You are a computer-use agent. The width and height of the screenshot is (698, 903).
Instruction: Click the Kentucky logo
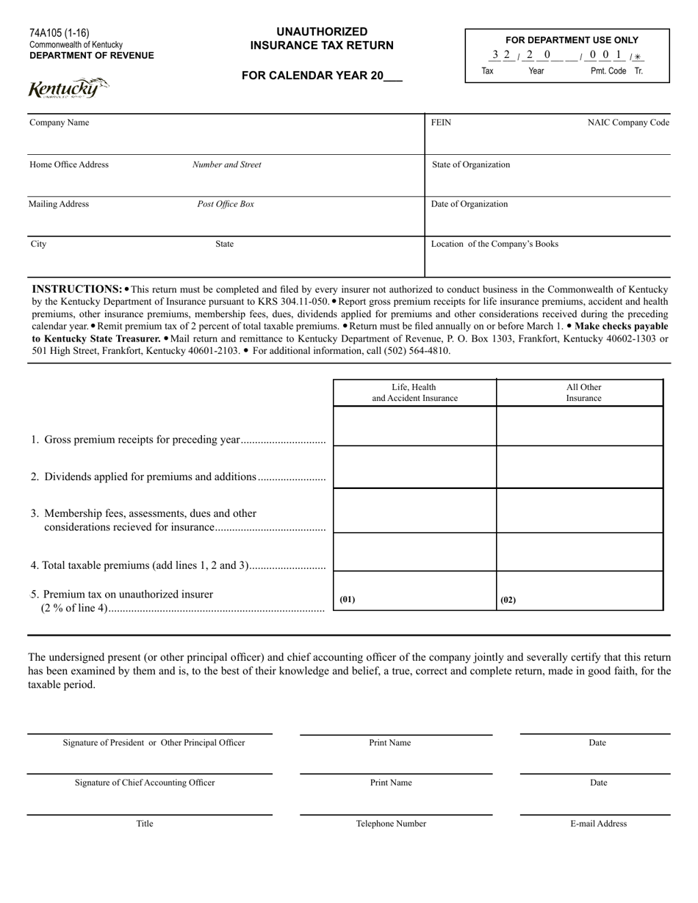(x=68, y=89)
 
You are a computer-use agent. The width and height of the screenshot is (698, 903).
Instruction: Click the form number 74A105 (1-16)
(x=60, y=33)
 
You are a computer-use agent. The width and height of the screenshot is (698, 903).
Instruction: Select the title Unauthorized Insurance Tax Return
(x=322, y=39)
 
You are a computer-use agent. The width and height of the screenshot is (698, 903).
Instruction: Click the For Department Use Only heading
(x=567, y=40)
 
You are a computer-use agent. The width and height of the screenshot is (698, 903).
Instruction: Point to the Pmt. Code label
(x=608, y=71)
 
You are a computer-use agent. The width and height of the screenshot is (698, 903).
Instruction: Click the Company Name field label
(x=59, y=123)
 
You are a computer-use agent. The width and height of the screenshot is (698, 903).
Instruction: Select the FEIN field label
(x=441, y=123)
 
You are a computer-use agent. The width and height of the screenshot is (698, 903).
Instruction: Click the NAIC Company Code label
(x=628, y=123)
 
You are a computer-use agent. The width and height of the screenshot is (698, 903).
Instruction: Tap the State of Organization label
(x=470, y=164)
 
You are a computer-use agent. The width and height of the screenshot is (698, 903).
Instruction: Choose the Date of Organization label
(x=469, y=204)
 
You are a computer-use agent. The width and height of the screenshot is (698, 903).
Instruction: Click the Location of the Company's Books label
(x=494, y=244)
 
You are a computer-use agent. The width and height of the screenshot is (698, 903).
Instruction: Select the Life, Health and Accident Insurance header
(x=414, y=393)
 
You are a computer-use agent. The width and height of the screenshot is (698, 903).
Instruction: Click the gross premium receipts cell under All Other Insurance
(x=580, y=427)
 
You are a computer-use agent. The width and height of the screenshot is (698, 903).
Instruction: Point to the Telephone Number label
(x=391, y=824)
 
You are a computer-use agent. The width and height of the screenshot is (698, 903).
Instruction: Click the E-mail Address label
(x=598, y=824)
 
